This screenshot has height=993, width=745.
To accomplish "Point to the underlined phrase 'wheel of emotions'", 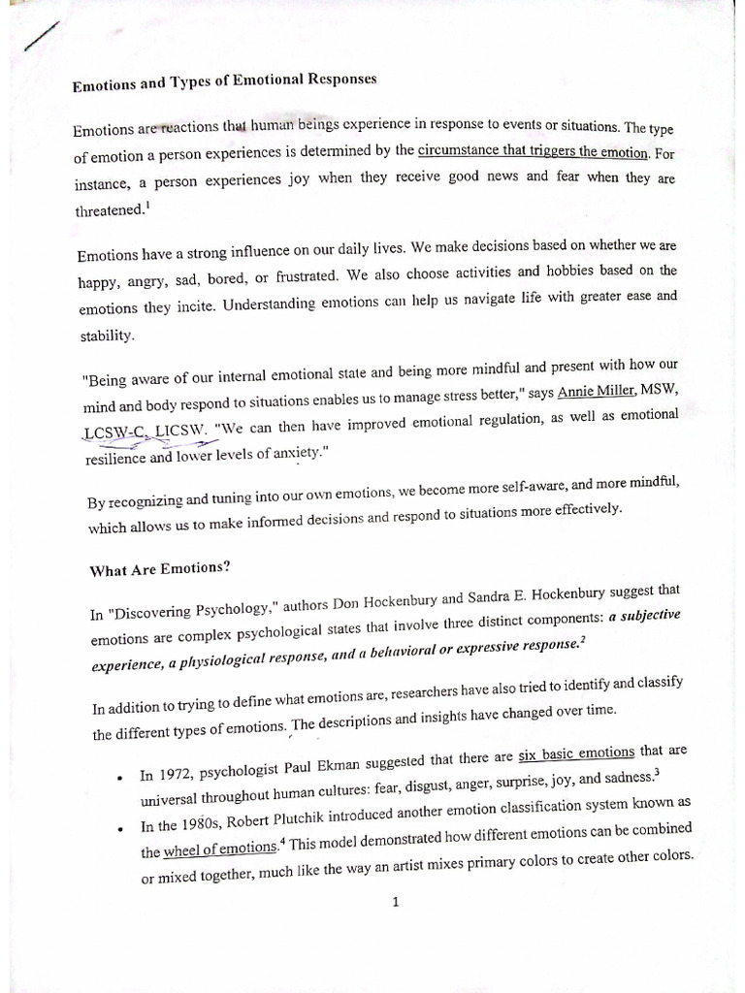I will point(220,849).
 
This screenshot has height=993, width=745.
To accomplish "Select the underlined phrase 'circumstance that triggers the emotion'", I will point(532,151).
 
